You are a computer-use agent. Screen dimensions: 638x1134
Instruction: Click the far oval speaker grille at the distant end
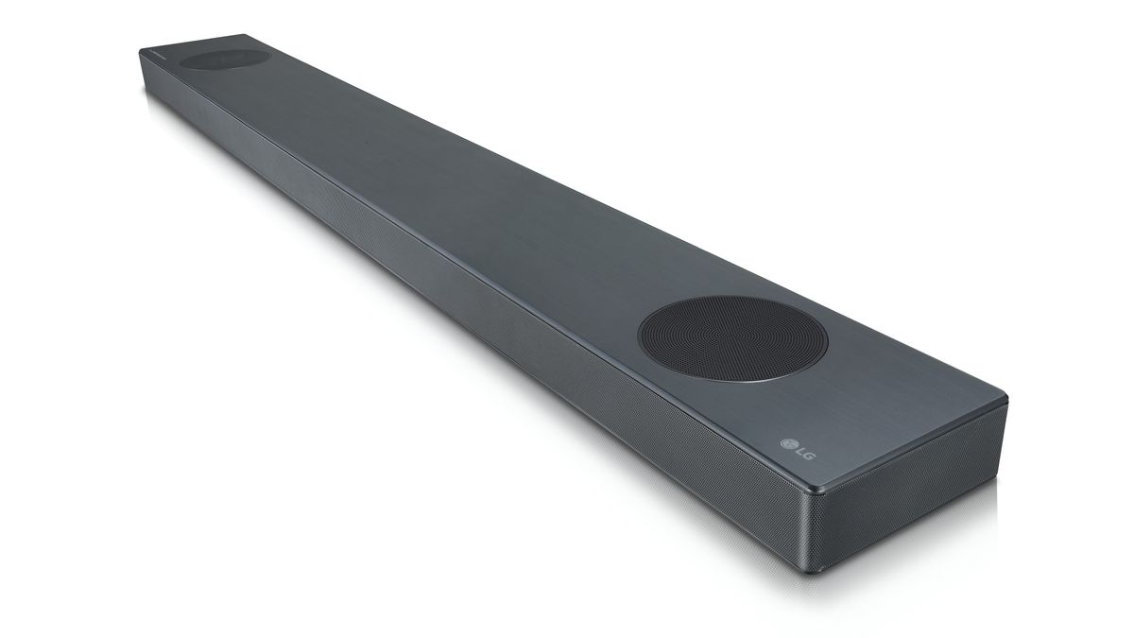(x=223, y=59)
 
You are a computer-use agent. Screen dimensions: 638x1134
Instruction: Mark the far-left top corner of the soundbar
(x=142, y=49)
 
